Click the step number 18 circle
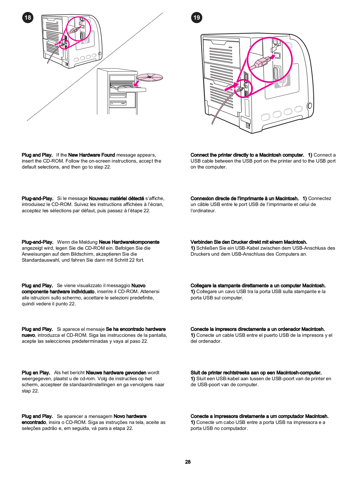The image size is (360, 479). (x=28, y=17)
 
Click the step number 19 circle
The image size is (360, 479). (x=197, y=17)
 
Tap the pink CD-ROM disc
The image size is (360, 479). (x=150, y=77)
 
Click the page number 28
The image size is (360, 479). (x=188, y=462)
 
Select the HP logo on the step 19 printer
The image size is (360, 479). (x=282, y=81)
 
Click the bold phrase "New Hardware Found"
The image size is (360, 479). (x=92, y=155)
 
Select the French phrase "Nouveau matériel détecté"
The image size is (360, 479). (x=116, y=198)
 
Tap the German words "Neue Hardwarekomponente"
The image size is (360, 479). (x=129, y=242)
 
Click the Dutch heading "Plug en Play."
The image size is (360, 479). (x=36, y=372)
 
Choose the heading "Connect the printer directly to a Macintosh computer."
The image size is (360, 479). (x=247, y=155)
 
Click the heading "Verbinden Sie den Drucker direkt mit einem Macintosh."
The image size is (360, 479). (x=249, y=242)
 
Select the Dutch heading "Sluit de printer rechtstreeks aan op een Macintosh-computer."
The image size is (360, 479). (x=256, y=372)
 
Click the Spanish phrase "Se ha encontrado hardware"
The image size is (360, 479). (x=136, y=329)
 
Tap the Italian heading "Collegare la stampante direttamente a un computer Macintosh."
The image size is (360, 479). (x=258, y=285)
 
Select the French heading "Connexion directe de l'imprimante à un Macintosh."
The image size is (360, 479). (x=244, y=198)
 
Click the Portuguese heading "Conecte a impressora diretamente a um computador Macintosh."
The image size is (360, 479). (x=259, y=416)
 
